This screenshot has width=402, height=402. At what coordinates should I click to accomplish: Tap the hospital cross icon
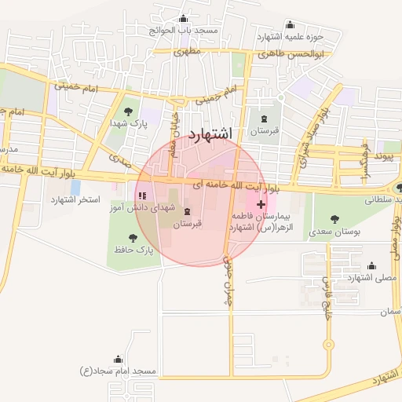point(261,204)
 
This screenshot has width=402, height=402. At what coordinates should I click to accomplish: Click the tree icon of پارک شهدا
point(129,111)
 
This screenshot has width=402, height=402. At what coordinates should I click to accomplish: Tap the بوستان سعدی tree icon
point(335,219)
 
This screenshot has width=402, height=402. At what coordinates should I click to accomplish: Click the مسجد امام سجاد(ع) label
point(120,370)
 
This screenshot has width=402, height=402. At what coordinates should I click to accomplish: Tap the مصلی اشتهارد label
point(371,278)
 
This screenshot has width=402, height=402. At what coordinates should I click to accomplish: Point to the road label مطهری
point(188,52)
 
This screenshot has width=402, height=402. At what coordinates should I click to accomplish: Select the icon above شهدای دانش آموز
point(142,196)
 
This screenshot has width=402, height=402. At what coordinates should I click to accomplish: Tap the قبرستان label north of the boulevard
point(265,131)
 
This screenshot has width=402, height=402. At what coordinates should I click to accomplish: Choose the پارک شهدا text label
point(129,125)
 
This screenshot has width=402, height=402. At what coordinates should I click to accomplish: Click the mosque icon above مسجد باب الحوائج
point(184,19)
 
